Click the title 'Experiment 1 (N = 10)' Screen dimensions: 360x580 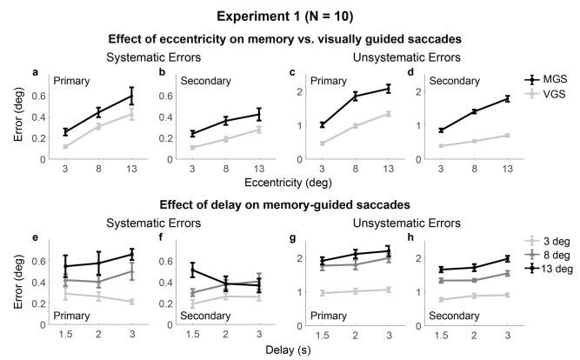coord(290,15)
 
